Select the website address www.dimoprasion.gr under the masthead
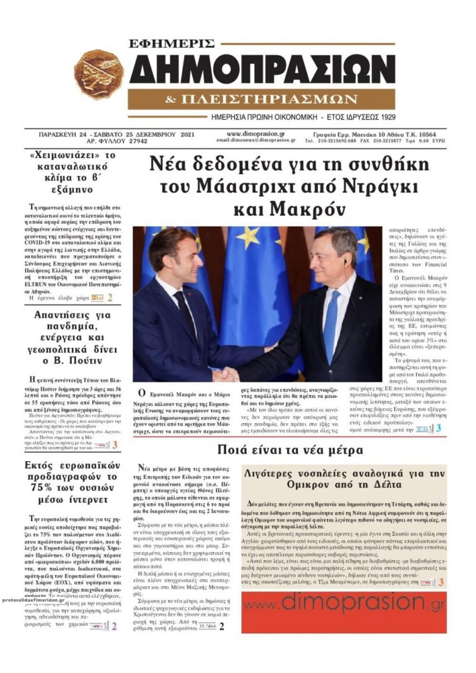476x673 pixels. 256,133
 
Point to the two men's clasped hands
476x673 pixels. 226,374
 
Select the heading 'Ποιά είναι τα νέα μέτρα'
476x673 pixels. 289,450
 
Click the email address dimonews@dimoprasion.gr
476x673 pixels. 255,140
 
